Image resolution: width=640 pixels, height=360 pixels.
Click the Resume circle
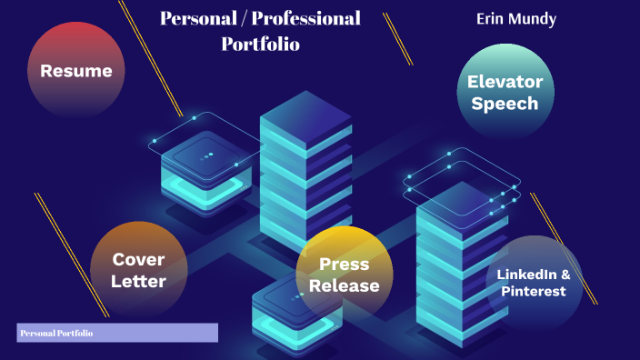(75, 71)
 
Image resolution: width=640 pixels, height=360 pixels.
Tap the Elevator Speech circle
(505, 92)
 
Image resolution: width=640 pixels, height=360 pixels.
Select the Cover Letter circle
(138, 270)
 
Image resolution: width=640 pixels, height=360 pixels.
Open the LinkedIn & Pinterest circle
(533, 283)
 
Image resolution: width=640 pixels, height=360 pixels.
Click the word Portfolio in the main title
(260, 44)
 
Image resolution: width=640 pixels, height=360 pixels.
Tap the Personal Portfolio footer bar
(117, 334)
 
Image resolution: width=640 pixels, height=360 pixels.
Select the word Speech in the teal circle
(505, 104)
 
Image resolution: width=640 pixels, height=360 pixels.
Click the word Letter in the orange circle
(138, 281)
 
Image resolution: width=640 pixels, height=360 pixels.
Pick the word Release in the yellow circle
(344, 285)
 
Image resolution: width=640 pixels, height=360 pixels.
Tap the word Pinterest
(533, 292)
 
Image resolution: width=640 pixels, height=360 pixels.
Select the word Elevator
(505, 81)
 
